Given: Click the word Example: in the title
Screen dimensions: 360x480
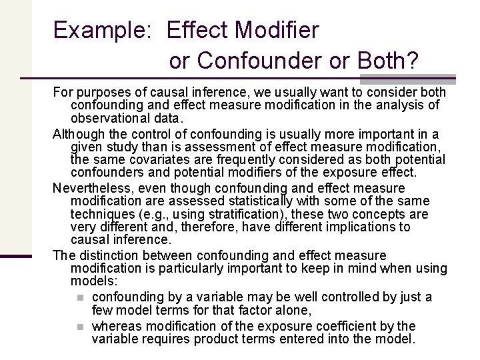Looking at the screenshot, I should point(103,31).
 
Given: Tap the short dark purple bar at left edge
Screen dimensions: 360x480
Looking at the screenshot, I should point(16,257).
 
